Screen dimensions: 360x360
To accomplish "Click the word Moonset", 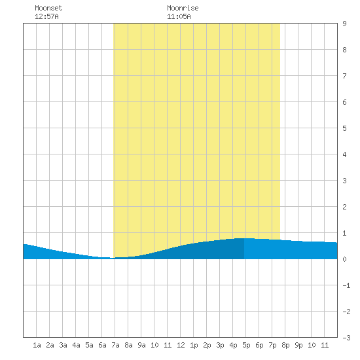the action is point(48,8).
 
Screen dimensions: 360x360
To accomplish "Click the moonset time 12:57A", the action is point(46,16).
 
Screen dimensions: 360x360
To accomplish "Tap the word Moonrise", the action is point(183,8).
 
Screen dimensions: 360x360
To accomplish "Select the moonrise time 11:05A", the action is point(179,16).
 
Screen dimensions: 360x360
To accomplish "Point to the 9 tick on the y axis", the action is point(344,24).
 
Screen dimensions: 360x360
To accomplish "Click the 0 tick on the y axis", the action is point(344,259).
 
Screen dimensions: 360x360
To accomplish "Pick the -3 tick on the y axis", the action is point(346,338).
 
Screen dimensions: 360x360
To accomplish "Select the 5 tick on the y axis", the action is point(344,128).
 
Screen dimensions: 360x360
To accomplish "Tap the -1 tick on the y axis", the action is point(346,285).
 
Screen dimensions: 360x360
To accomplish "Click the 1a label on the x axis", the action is point(37,345).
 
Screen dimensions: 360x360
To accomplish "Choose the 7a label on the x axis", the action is point(115,345).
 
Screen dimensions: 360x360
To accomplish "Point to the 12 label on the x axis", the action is point(181,345).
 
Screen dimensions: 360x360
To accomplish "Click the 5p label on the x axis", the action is point(246,345).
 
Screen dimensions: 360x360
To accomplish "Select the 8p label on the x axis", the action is point(285,345).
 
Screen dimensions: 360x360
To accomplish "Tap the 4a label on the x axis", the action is point(76,345).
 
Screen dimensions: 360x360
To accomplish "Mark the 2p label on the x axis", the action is point(207,345).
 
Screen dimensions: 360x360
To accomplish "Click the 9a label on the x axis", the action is point(141,345).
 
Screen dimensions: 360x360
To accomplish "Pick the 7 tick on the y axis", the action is point(344,76).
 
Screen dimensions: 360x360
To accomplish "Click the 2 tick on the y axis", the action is point(344,207).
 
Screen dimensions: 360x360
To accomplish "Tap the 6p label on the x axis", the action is point(259,345).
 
